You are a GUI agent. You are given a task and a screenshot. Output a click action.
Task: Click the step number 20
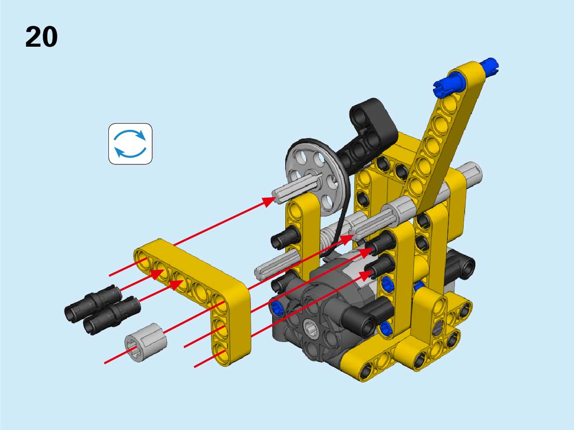pyautogui.click(x=41, y=37)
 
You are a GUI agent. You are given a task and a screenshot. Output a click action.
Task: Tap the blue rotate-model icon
pyautogui.click(x=130, y=143)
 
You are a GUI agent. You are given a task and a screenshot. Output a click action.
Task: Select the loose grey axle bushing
pyautogui.click(x=146, y=343)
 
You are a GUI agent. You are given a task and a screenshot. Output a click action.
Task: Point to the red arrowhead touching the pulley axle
pyautogui.click(x=269, y=201)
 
